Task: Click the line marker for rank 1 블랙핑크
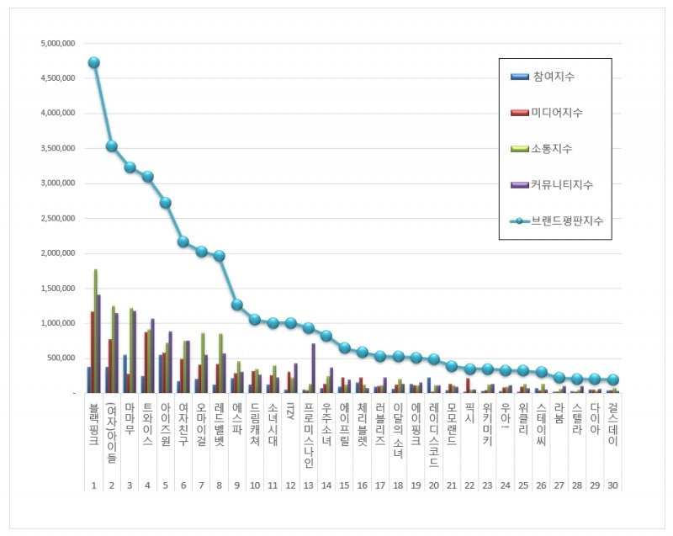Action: coord(93,62)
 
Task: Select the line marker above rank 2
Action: coord(111,146)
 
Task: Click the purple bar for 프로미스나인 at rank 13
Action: coord(314,368)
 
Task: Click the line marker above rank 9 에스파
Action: coord(237,305)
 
